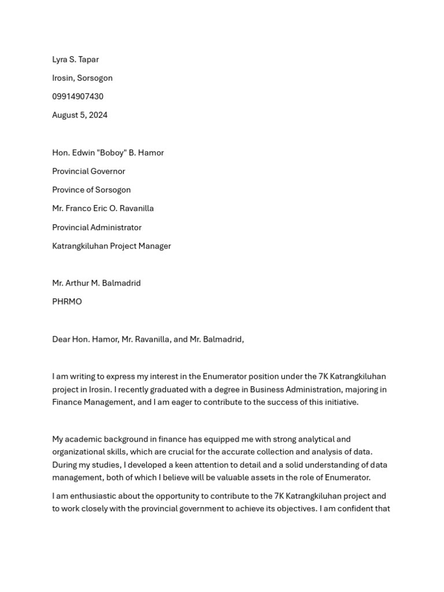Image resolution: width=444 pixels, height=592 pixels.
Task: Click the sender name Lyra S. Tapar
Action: coord(75,60)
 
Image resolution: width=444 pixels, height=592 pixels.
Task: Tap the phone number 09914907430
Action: coord(77,97)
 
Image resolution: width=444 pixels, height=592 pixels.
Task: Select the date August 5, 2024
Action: coord(80,115)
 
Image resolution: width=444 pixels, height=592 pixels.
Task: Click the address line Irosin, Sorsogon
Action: coord(82,78)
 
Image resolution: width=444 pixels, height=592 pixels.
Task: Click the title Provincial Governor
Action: coord(88,171)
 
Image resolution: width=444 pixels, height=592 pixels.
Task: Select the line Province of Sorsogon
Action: coord(91,190)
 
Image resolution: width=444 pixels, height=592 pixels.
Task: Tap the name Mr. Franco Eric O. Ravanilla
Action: coord(103,208)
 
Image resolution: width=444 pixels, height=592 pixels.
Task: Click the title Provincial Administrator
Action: coord(97,227)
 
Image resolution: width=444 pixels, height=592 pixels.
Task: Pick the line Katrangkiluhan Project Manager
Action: coord(112,246)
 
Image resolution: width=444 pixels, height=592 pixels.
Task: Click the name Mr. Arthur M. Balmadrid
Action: coord(97,283)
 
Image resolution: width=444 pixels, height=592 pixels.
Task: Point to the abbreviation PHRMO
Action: coord(67,301)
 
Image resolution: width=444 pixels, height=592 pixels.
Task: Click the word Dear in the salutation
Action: coord(61,339)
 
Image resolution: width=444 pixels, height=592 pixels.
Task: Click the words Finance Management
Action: coord(92,402)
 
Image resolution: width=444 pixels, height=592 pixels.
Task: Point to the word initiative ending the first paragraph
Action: coord(339,402)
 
